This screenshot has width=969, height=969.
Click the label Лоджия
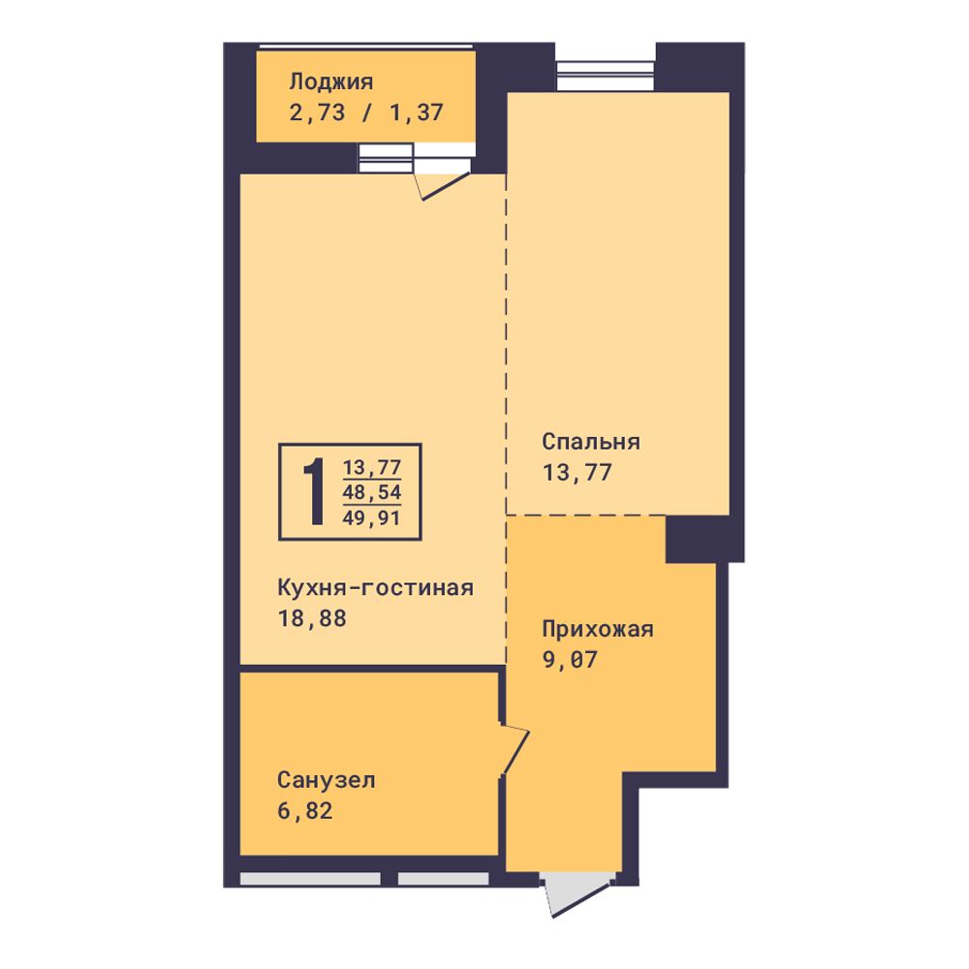330,82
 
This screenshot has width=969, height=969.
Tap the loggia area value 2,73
317,112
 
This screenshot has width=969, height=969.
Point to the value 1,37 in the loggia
416,112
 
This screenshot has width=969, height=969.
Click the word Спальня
591,441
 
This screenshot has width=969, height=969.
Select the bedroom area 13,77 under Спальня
577,472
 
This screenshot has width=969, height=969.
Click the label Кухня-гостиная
375,587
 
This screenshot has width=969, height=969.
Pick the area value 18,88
312,618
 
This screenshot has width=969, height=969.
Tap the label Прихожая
597,629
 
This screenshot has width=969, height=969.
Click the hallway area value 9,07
569,659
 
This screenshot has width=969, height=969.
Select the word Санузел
326,780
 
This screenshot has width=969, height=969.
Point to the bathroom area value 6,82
304,810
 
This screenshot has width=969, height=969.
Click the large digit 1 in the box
315,492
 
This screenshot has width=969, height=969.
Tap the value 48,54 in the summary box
372,492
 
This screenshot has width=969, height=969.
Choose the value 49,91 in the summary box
372,517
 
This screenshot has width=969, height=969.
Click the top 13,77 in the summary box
372,467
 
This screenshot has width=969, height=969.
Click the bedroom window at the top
605,76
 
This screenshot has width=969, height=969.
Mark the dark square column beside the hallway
691,539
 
